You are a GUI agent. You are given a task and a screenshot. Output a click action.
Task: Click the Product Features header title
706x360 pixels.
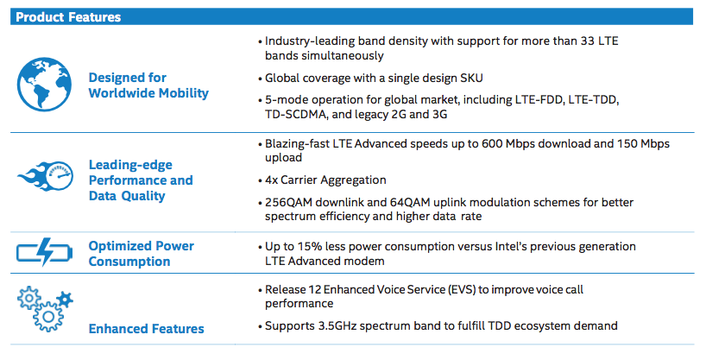pyautogui.click(x=69, y=16)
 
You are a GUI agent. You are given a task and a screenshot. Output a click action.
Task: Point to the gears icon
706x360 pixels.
pyautogui.click(x=46, y=308)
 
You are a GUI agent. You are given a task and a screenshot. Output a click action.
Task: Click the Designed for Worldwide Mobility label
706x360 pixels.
pyautogui.click(x=148, y=85)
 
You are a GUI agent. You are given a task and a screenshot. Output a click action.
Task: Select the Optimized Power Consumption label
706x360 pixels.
pyautogui.click(x=142, y=254)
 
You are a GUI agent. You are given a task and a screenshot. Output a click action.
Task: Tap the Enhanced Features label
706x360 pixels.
pyautogui.click(x=147, y=328)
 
